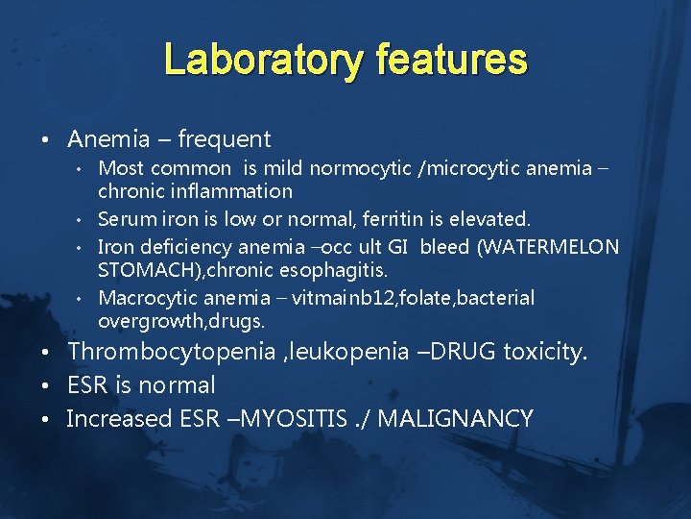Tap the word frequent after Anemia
tap(221, 139)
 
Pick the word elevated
tap(489, 220)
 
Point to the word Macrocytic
tap(144, 298)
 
